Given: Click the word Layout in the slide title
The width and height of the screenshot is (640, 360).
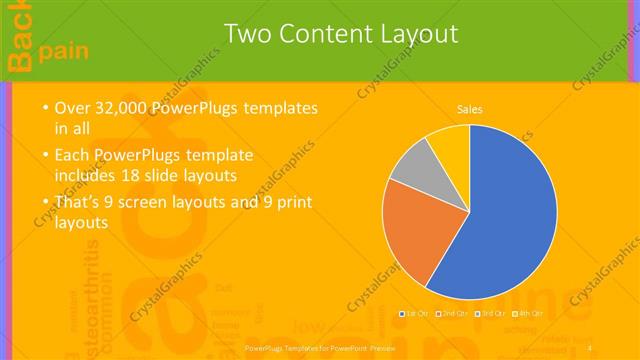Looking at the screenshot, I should (x=412, y=34).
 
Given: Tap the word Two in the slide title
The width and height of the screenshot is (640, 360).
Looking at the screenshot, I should (x=247, y=34).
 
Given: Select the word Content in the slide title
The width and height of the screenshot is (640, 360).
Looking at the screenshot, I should (x=320, y=34).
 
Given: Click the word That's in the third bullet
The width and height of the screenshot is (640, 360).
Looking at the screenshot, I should (x=80, y=202).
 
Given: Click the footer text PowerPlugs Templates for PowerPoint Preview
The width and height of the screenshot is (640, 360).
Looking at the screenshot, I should (x=320, y=348).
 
